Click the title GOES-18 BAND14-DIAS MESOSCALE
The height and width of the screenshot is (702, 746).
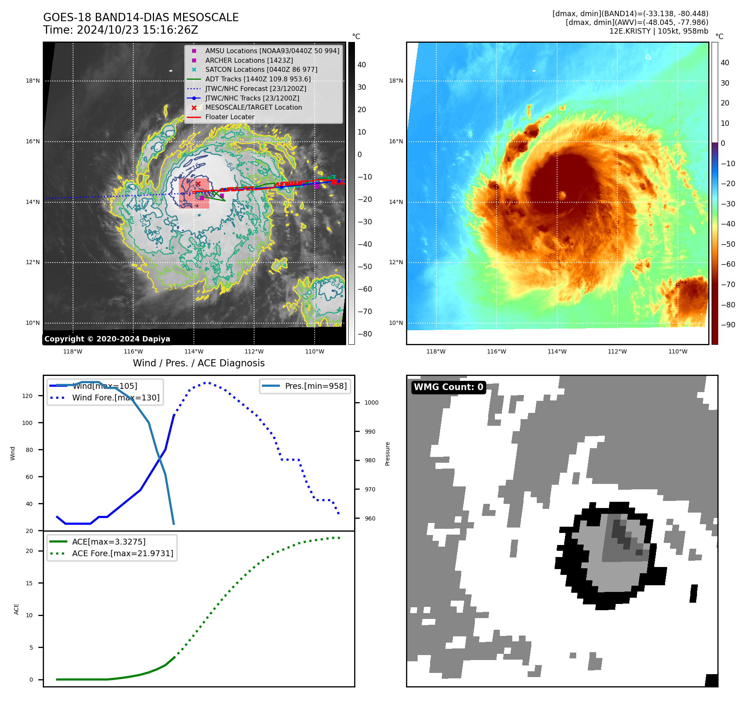point(141,17)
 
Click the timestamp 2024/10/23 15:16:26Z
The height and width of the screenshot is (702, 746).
point(137,30)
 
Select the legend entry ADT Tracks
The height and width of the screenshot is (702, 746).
point(257,79)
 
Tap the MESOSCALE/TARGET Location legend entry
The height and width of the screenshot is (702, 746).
point(253,108)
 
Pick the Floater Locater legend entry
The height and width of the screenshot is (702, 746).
point(230,117)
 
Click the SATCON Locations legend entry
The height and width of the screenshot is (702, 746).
point(261,70)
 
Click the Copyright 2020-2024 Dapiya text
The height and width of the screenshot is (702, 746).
point(107,339)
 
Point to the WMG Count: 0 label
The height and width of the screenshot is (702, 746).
point(448,387)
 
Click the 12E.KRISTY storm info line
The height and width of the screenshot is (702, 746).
point(658,31)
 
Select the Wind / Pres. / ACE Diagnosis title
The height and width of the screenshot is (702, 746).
point(198,363)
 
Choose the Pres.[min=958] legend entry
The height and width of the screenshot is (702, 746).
point(316,386)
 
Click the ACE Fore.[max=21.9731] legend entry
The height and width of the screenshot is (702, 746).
point(122,553)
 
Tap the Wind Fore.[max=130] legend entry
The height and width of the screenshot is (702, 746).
point(115,398)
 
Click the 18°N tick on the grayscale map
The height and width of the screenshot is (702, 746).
point(33,81)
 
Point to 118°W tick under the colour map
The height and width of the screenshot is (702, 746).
point(435,351)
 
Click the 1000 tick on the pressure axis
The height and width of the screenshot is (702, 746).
point(371,403)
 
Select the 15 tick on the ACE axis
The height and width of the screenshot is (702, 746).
point(29,583)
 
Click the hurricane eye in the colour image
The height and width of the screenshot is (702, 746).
point(562,195)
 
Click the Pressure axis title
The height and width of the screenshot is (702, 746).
point(387,454)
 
